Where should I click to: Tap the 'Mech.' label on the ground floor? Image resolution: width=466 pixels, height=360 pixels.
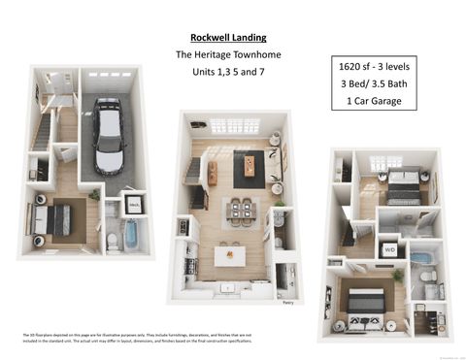pos(134,206)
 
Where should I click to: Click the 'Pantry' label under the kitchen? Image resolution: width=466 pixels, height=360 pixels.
pos(287,302)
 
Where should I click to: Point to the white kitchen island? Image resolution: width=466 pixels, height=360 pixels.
pos(231,256)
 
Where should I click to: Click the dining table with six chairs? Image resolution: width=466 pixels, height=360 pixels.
pos(241,212)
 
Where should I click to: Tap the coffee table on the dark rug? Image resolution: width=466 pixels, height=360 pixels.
pos(250,166)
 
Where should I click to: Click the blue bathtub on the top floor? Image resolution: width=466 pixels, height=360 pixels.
pos(421,259)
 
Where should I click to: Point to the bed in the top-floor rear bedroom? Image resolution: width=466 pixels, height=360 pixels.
pos(403,185)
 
